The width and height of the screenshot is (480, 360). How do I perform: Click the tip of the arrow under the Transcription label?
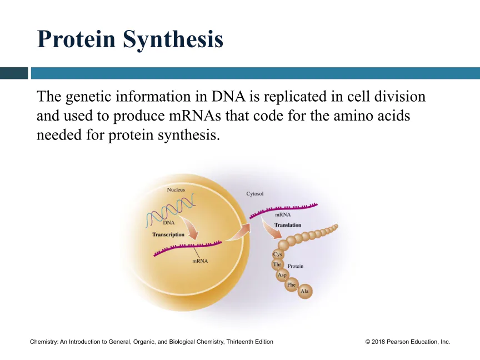point(196,239)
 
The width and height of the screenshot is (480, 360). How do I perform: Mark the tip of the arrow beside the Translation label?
point(281,238)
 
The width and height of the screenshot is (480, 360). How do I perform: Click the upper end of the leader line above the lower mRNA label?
point(193,247)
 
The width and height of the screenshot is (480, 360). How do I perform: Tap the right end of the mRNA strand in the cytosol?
point(317,204)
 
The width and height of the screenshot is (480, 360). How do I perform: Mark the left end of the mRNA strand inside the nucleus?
point(154,255)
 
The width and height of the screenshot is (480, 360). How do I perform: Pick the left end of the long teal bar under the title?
point(31,73)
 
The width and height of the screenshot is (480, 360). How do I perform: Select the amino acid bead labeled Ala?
point(305,291)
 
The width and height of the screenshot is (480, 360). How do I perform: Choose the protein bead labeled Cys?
point(278,254)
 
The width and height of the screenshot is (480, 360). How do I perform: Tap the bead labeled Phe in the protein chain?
point(292,284)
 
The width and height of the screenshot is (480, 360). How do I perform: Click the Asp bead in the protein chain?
point(282,274)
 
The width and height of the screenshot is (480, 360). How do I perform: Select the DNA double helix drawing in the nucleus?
point(171,211)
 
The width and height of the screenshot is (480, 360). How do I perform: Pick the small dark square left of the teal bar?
point(14,73)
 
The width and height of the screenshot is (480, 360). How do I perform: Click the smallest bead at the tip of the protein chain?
point(336,226)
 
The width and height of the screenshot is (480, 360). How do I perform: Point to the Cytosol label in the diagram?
point(254,194)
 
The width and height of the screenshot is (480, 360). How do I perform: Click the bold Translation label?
point(288,225)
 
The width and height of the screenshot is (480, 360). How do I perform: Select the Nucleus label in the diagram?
point(176,190)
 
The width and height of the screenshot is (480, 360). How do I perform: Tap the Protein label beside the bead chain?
point(296,266)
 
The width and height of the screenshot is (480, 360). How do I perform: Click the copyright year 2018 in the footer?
point(378,342)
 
